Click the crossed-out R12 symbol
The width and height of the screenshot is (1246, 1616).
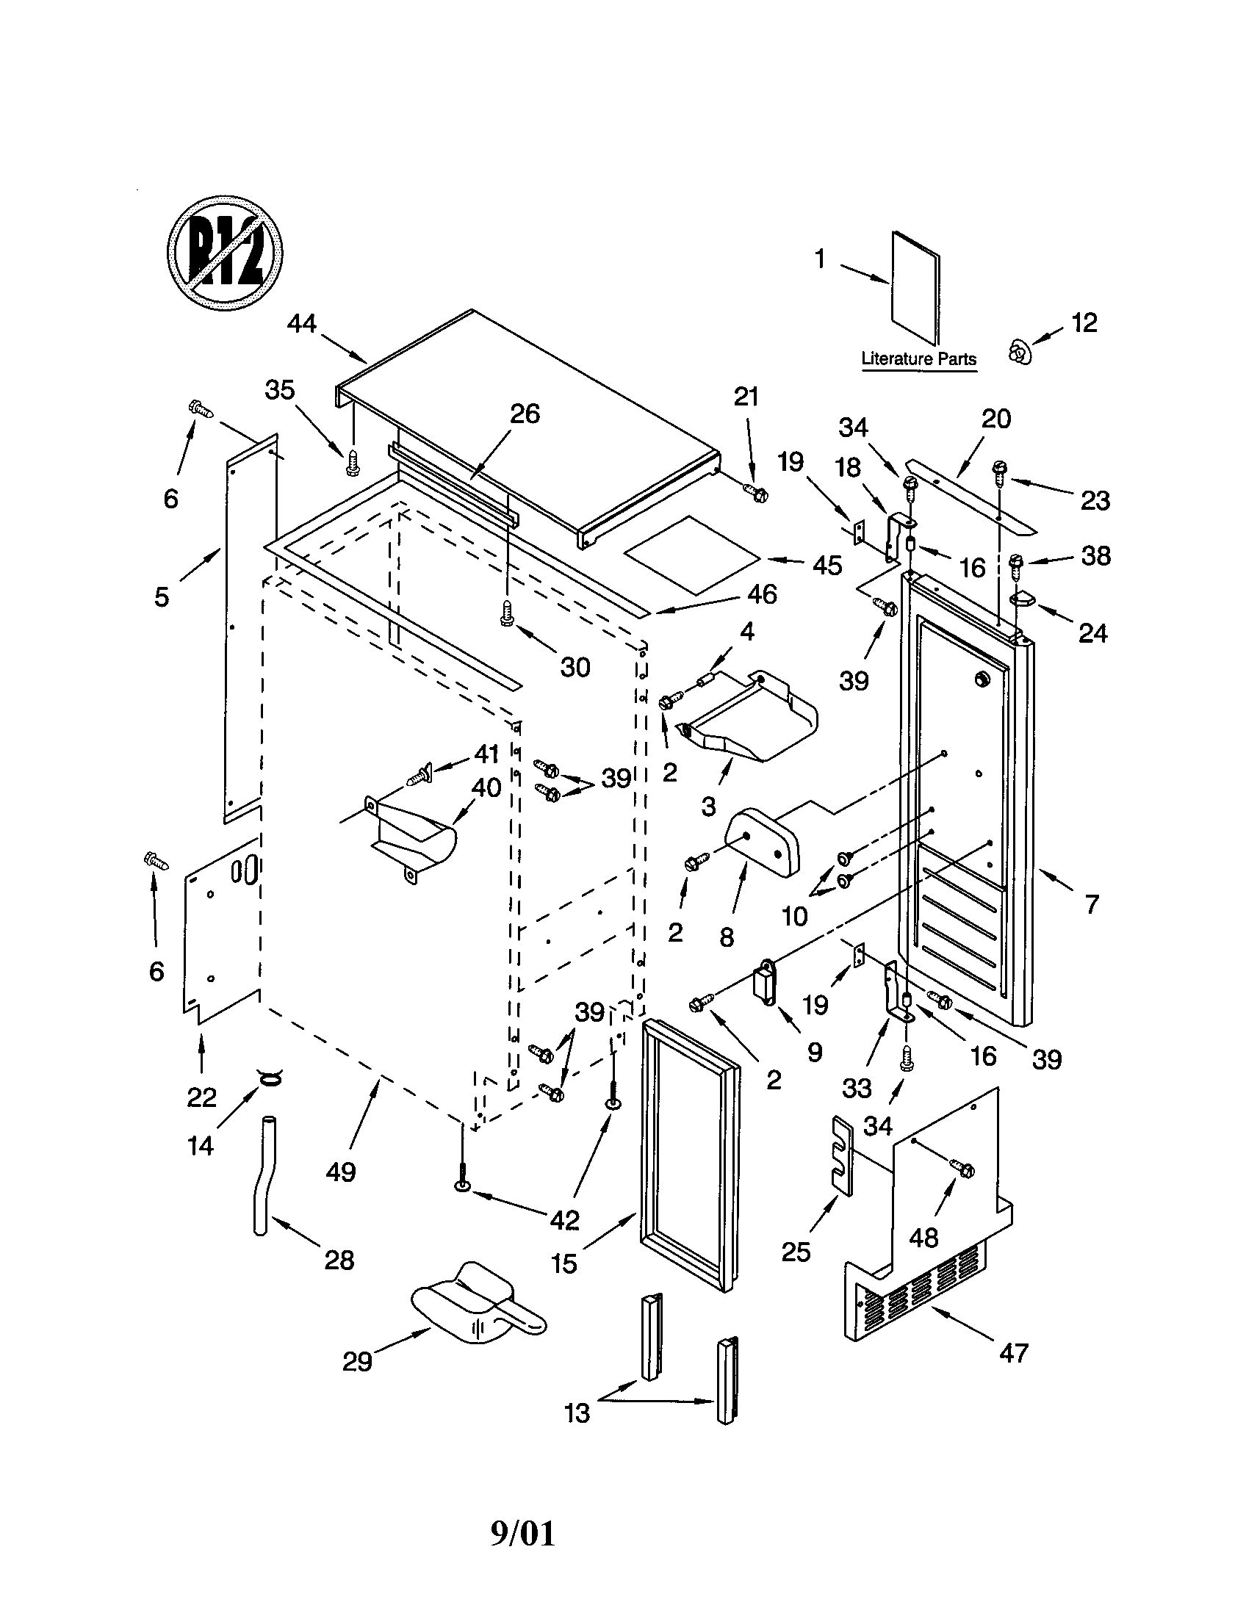225,254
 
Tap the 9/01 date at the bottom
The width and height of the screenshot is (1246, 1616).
522,1534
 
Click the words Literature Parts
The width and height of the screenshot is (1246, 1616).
918,359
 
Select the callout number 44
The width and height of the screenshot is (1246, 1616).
301,323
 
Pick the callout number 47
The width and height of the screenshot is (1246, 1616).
1013,1352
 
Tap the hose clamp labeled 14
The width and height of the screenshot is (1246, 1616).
270,1078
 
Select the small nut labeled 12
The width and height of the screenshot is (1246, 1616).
1020,351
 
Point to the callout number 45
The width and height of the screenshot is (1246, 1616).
827,566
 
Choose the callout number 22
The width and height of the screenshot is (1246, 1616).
201,1097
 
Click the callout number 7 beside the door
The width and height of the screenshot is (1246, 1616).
1092,904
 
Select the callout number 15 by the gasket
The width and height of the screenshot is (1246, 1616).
563,1264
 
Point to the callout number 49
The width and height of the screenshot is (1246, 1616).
340,1172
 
